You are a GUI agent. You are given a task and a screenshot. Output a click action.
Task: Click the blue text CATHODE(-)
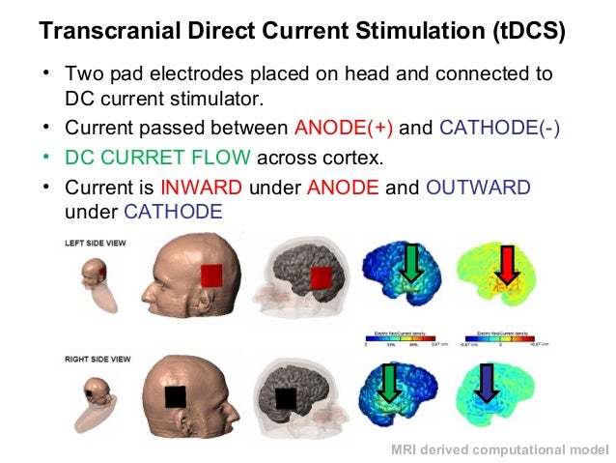(x=498, y=128)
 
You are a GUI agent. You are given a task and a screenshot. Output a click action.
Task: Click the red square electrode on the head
(x=211, y=276)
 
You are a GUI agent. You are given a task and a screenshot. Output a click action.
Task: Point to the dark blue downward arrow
(x=488, y=383)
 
